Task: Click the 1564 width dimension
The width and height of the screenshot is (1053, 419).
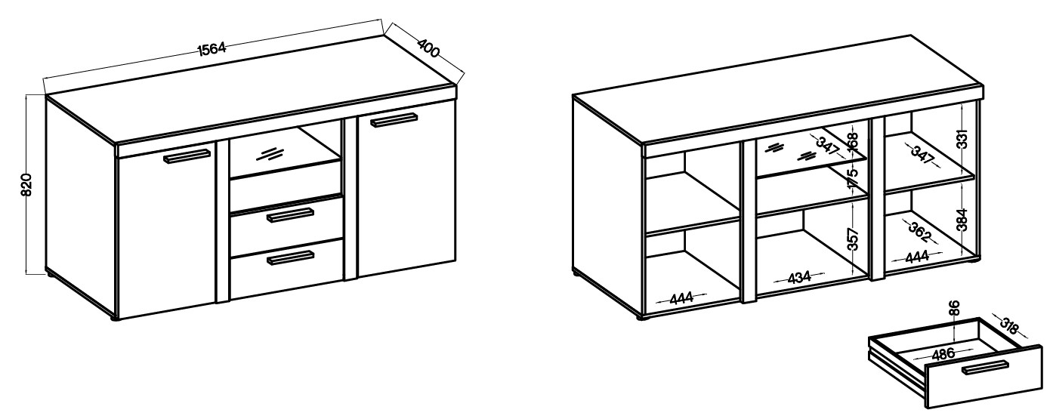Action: pos(212,49)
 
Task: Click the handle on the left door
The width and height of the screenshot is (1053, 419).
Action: pos(187,156)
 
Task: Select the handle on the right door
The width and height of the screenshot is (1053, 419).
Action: pos(394,120)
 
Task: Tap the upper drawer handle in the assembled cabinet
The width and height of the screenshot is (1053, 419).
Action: pos(290,215)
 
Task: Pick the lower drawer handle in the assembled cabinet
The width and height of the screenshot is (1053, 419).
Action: pos(290,258)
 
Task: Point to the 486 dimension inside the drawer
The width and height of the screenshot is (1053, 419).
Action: pos(943,354)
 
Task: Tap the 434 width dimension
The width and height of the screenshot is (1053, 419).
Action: pos(799,277)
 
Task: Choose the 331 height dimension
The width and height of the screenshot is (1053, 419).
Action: pos(963,139)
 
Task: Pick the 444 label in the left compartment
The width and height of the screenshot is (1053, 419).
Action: pos(681,297)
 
